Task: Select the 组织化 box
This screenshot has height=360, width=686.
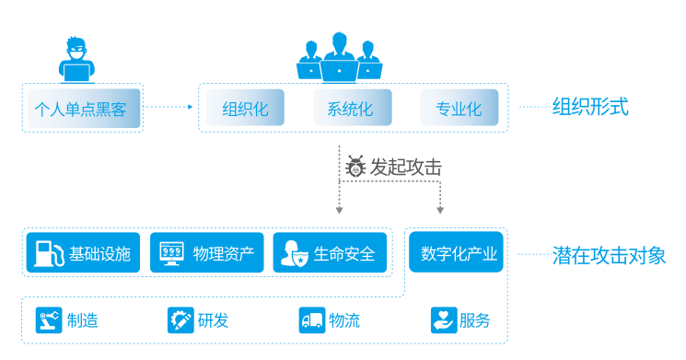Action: point(245,109)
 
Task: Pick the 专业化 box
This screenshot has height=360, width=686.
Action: point(458,109)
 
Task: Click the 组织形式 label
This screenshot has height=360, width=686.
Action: point(589,107)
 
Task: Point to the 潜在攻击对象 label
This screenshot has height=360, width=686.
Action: point(609,255)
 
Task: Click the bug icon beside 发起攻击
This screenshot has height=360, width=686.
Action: point(355,167)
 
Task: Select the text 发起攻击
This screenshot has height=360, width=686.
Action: point(406,167)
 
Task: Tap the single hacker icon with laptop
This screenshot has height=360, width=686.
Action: point(76,63)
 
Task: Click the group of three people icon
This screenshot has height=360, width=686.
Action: point(339,58)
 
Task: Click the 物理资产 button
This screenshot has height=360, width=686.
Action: point(207,253)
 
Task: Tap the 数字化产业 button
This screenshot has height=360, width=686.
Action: point(458,253)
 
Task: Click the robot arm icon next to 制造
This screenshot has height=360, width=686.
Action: point(46,320)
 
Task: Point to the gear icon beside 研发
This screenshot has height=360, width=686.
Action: point(179,320)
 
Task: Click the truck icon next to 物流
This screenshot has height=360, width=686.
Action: point(312,320)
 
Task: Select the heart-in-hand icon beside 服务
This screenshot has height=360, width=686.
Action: point(444,320)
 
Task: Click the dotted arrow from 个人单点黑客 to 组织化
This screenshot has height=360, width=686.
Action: point(170,107)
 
